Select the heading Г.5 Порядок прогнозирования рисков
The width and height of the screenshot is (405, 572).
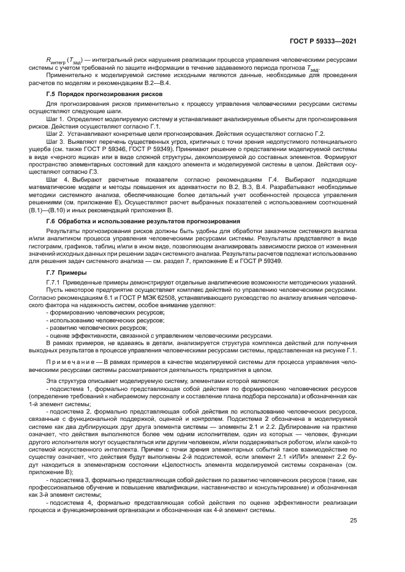104,94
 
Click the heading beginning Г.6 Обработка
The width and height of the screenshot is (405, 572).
143,220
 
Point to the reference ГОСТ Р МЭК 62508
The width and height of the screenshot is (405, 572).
164,297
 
